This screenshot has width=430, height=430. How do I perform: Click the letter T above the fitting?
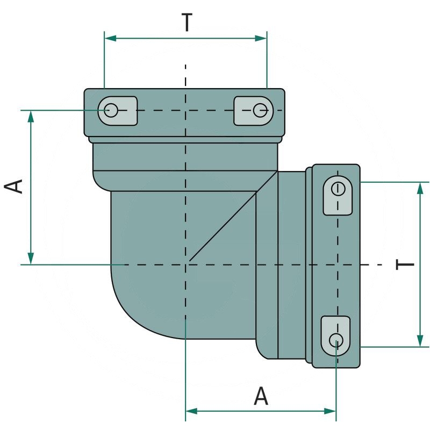(186, 23)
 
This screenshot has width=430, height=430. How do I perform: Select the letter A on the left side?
(15, 186)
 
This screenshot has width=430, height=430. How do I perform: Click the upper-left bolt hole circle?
(111, 110)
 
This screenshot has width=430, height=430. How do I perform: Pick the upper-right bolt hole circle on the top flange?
(261, 110)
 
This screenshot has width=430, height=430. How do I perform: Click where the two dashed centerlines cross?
(185, 264)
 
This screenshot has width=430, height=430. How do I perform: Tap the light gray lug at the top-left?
(118, 111)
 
